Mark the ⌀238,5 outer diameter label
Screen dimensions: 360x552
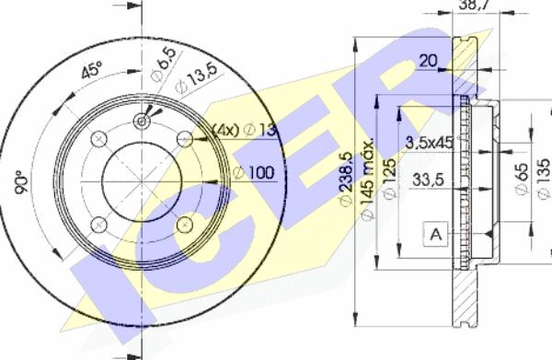tap(345, 180)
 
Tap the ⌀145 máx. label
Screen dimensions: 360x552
tap(367, 180)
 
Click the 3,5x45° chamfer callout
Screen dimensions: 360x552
tap(431, 142)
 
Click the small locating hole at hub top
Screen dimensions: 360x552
tap(143, 120)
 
